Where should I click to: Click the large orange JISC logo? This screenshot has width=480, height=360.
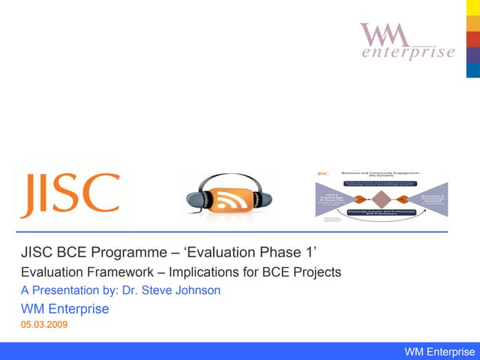(x=70, y=193)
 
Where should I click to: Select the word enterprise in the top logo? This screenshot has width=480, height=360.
(x=408, y=52)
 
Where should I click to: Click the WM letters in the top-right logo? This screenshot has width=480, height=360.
(x=385, y=34)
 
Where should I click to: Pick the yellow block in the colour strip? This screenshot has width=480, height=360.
(x=473, y=8)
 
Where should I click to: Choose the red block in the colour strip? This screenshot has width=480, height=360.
(x=473, y=39)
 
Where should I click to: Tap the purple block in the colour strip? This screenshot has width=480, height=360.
(x=473, y=55)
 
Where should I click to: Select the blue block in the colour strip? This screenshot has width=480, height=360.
(x=473, y=70)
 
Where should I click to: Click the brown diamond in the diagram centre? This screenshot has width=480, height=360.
(x=381, y=199)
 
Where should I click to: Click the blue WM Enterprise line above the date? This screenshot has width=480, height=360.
(x=64, y=308)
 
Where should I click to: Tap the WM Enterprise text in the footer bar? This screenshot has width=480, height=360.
(x=439, y=352)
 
